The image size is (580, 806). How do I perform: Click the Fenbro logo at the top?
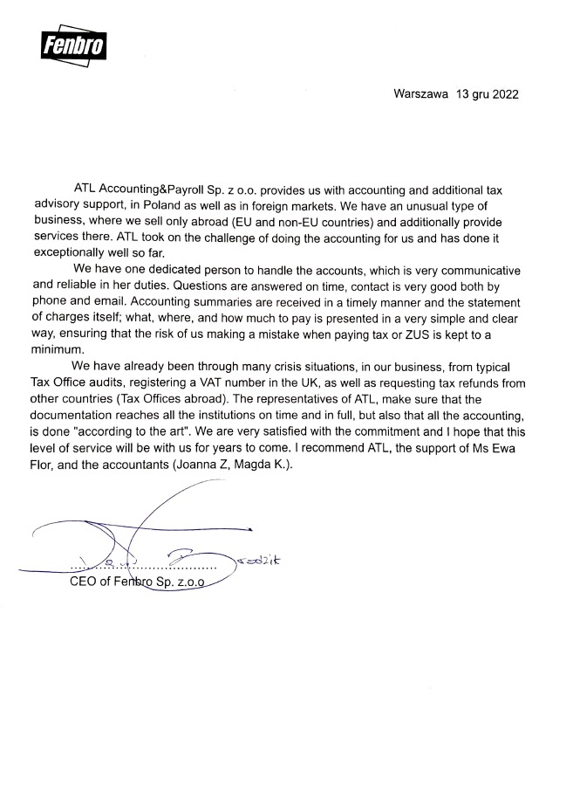(73, 41)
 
